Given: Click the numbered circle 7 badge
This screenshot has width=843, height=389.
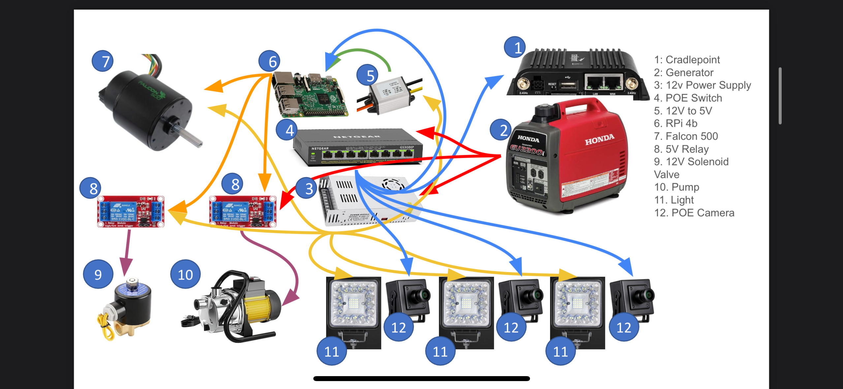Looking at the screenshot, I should click(x=103, y=61).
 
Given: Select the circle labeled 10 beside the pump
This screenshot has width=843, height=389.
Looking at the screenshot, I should click(x=185, y=274).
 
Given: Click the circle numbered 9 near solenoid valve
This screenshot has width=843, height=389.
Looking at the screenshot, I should click(x=98, y=274).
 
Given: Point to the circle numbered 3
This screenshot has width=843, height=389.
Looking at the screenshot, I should click(x=306, y=188).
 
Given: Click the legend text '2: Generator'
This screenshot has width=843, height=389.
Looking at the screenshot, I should click(x=683, y=72).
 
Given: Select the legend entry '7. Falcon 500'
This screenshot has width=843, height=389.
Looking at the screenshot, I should click(x=686, y=136).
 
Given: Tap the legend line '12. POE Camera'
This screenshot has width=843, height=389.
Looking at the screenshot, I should click(x=694, y=213).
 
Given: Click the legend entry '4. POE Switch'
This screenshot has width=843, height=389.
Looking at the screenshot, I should click(x=688, y=98).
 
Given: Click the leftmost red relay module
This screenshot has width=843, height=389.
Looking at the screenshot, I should click(x=131, y=211).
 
